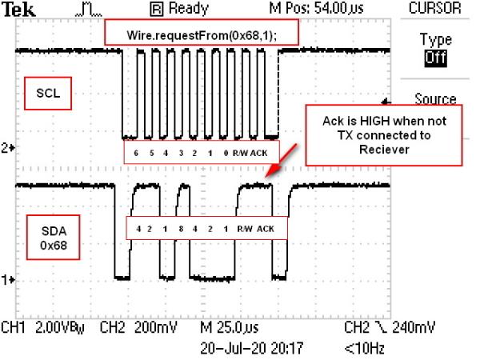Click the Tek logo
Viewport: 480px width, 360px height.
(x=18, y=9)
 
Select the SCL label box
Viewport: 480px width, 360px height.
(x=48, y=94)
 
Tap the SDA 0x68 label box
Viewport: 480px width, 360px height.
(x=54, y=238)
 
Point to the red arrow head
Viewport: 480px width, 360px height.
(x=271, y=170)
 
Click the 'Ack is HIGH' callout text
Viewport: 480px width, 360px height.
(x=384, y=135)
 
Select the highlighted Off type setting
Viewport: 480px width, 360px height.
(x=435, y=58)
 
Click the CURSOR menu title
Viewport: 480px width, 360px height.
(x=434, y=8)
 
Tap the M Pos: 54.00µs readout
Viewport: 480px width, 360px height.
(x=316, y=8)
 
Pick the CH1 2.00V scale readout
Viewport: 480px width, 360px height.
(x=42, y=328)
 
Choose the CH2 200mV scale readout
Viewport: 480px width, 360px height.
(x=138, y=328)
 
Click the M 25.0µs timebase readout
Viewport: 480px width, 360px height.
(x=230, y=328)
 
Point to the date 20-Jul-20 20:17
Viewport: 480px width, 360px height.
(x=252, y=348)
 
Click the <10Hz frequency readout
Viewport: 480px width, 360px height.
(x=364, y=348)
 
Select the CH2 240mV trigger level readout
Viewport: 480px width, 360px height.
(x=390, y=328)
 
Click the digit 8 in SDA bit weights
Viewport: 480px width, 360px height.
(x=181, y=229)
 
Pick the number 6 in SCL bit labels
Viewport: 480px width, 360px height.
(x=136, y=153)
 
